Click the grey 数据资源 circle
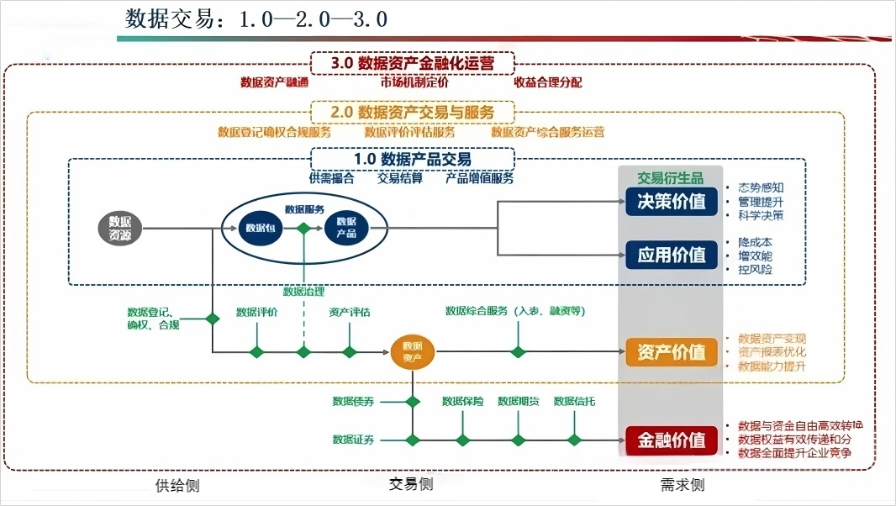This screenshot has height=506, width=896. tap(120, 228)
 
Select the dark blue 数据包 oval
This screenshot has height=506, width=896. tap(260, 228)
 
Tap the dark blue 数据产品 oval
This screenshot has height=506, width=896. tap(345, 228)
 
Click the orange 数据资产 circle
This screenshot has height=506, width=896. tap(413, 351)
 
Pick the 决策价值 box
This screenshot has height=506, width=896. tap(672, 202)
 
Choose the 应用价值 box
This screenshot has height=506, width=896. tap(672, 255)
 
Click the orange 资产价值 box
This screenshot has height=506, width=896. tap(672, 352)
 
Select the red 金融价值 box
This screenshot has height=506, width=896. tap(672, 440)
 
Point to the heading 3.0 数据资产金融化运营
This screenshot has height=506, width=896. tap(412, 63)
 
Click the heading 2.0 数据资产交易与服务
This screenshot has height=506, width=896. tap(412, 112)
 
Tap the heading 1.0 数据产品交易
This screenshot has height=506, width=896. tap(412, 159)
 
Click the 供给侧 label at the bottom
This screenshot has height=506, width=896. tap(177, 485)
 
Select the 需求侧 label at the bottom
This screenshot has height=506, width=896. tap(682, 485)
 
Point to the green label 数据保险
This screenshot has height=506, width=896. tap(463, 401)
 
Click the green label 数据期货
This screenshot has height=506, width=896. tap(519, 401)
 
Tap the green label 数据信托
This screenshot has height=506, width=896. tap(575, 401)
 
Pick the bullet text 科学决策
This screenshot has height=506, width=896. tap(761, 215)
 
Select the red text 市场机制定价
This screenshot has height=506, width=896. tap(414, 82)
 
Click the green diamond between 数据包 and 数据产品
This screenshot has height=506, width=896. tap(303, 228)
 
